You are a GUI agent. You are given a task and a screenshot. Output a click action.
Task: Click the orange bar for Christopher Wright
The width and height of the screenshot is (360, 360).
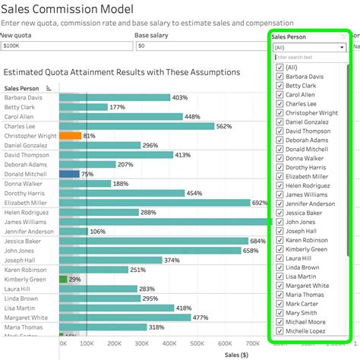click(70, 136)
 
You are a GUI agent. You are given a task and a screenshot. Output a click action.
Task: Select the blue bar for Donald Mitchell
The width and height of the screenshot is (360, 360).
click(69, 174)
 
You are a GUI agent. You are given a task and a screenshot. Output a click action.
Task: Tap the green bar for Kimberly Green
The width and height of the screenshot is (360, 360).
click(63, 279)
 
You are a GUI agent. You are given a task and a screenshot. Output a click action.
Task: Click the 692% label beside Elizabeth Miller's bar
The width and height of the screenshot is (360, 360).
click(260, 203)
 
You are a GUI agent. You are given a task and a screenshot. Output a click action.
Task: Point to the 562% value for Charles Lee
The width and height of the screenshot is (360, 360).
click(224, 126)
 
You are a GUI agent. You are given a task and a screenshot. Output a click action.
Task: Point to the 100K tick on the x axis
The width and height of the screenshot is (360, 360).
click(87, 344)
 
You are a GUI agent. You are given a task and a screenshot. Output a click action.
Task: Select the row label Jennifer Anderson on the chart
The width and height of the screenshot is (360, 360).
click(30, 232)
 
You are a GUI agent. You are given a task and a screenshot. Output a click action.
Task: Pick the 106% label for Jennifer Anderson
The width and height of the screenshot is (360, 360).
click(98, 232)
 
